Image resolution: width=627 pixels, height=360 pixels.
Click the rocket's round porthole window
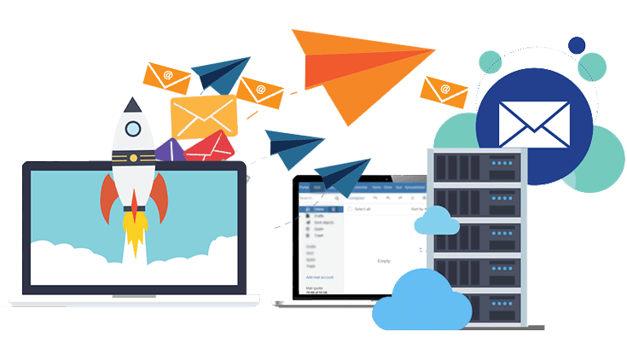pyautogui.click(x=133, y=129)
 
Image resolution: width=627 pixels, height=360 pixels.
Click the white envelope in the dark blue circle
pyautogui.click(x=534, y=125)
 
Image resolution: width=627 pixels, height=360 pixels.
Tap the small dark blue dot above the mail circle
pyautogui.click(x=578, y=45)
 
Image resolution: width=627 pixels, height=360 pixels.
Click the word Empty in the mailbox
pyautogui.click(x=382, y=262)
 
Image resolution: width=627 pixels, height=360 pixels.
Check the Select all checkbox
pyautogui.click(x=350, y=209)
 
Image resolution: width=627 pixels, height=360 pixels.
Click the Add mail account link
pyautogui.click(x=321, y=278)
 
